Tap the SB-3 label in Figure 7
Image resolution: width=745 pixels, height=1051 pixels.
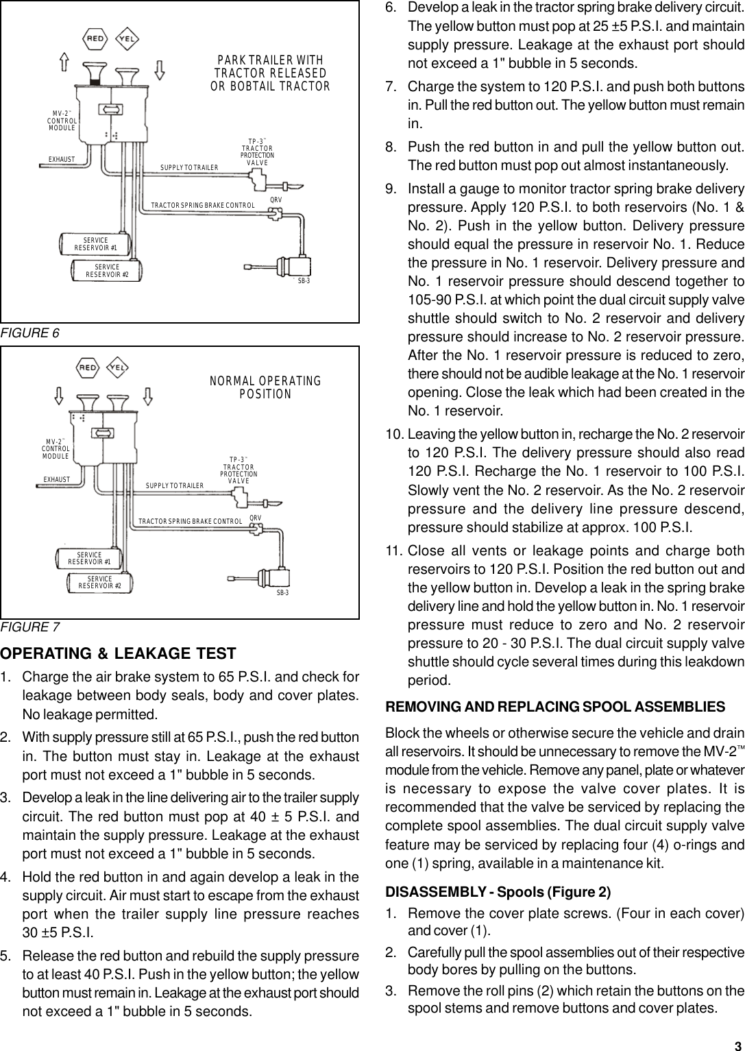[282, 592]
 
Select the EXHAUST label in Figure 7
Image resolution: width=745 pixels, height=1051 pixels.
[57, 479]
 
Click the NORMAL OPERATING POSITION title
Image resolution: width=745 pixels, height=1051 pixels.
[265, 387]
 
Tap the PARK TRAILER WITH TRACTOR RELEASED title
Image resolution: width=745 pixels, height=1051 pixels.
[270, 73]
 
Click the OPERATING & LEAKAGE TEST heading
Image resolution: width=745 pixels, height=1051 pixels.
[118, 653]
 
